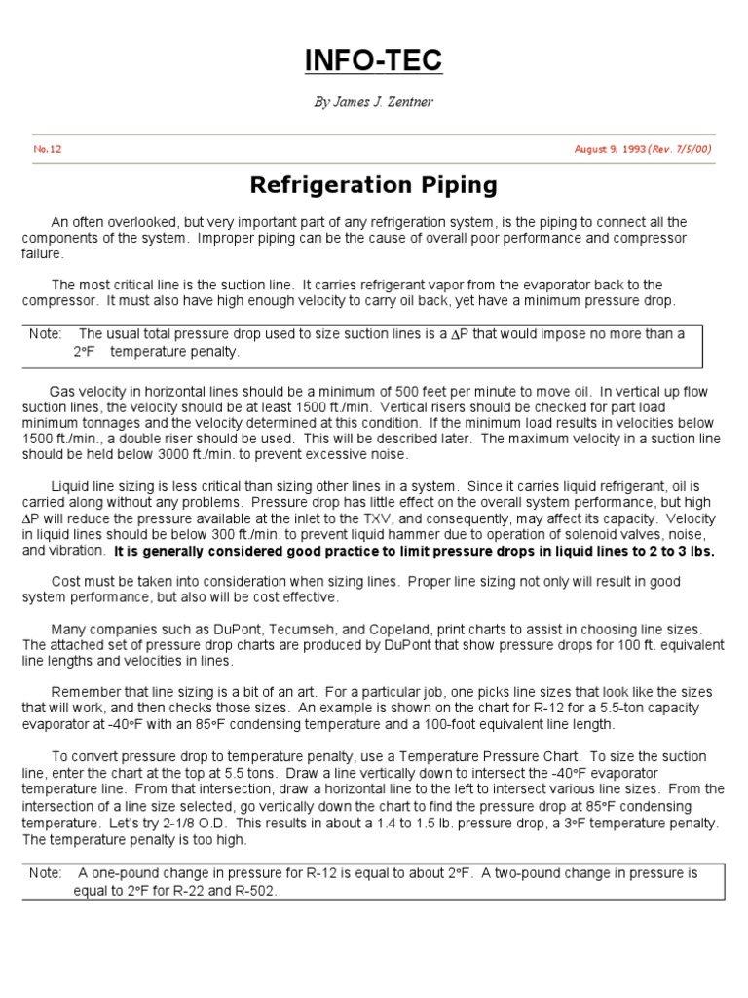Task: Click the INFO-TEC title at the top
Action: click(374, 61)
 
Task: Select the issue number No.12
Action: click(48, 149)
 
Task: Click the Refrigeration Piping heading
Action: click(374, 184)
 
